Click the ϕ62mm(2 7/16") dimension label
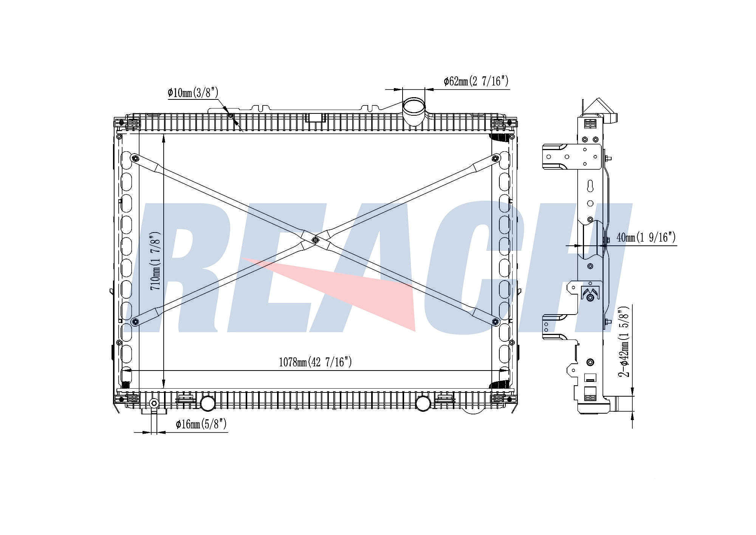[476, 81]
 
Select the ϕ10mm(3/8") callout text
[193, 92]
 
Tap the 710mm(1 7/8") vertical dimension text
[156, 261]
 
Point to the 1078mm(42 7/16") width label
[315, 362]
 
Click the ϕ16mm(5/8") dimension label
[201, 424]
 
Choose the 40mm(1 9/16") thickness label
[646, 237]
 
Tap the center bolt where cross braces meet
[316, 240]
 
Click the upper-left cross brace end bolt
[135, 158]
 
